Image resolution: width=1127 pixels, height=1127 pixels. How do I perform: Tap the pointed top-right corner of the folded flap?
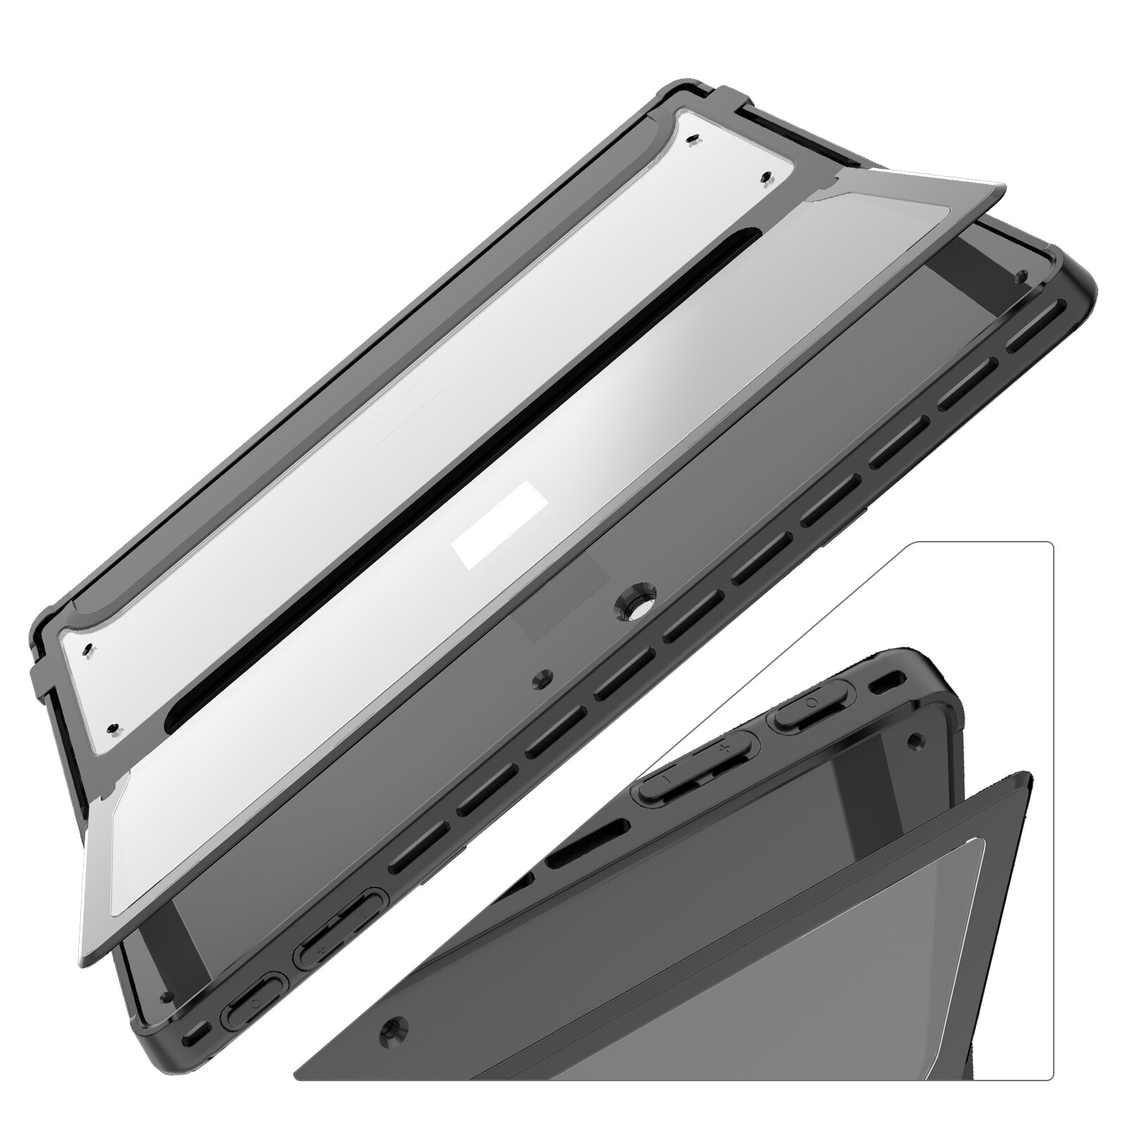(x=1003, y=186)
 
